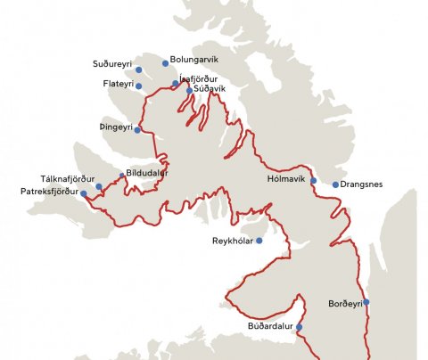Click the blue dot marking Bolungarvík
(x=165, y=63)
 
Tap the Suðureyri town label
(x=113, y=64)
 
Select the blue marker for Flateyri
(x=138, y=86)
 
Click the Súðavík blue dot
(x=189, y=91)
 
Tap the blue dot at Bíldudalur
(x=122, y=176)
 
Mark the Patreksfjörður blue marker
(x=83, y=193)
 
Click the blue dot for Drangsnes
(x=335, y=185)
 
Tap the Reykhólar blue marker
(x=259, y=241)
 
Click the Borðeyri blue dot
(x=366, y=302)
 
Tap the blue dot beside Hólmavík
(x=313, y=181)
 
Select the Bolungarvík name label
(x=193, y=59)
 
